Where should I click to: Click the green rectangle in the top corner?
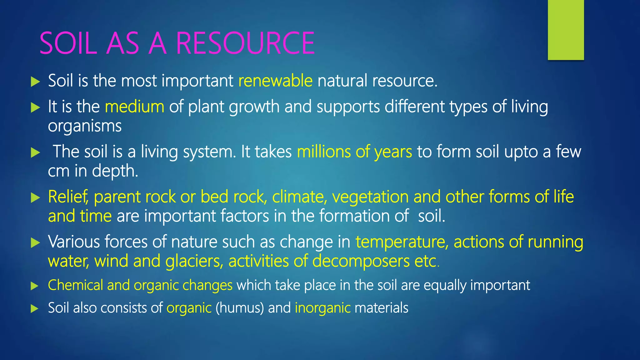click(566, 30)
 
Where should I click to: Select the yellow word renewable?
click(275, 81)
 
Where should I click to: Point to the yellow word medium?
click(134, 107)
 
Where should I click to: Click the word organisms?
click(85, 126)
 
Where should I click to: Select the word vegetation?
click(370, 197)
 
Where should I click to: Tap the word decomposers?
click(361, 261)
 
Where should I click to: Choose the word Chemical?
click(75, 285)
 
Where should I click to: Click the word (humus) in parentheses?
click(240, 308)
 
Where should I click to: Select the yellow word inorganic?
click(322, 308)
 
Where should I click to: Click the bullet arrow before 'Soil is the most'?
click(36, 82)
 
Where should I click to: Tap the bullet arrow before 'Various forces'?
click(36, 243)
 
